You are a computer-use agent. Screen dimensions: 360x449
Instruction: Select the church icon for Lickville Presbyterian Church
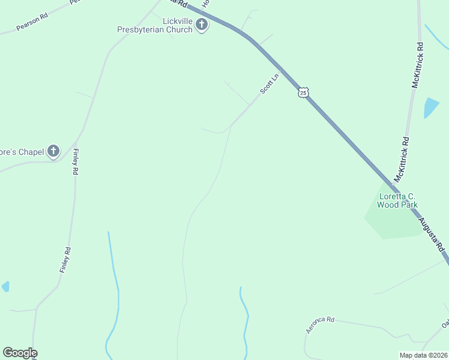click(202, 25)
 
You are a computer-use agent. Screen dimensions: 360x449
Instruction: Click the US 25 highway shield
click(303, 92)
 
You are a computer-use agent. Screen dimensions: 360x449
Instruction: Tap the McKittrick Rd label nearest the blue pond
click(418, 65)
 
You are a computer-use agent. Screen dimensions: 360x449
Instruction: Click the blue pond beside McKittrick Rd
click(431, 107)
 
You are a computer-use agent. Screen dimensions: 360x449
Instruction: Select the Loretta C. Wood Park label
click(397, 200)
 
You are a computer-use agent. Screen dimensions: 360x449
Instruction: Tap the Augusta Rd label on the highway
click(432, 234)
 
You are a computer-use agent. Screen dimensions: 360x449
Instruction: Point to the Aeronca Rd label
click(319, 325)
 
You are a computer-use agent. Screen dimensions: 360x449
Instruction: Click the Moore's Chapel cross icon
click(53, 151)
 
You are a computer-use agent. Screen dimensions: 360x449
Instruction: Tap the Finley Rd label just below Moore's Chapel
click(76, 162)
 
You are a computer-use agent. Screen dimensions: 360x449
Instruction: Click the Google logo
click(20, 353)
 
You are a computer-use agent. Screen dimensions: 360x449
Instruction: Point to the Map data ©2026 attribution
click(424, 355)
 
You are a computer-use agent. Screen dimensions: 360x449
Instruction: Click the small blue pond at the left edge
click(5, 286)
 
